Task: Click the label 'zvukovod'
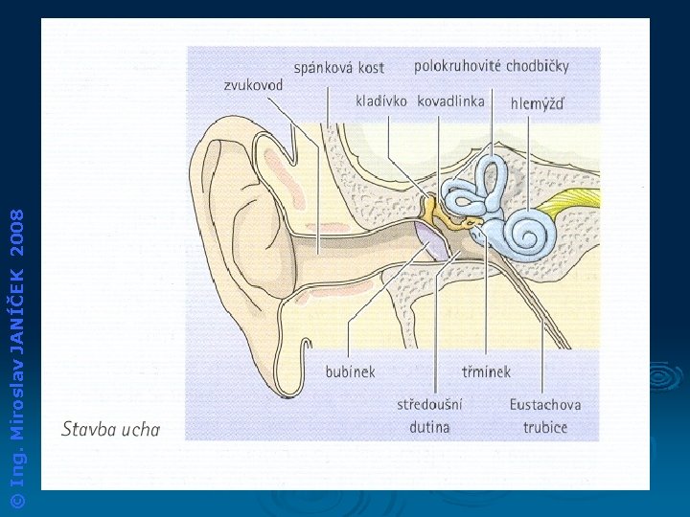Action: tap(253, 85)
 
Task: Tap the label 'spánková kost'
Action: tap(338, 67)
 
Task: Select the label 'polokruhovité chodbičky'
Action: tap(491, 66)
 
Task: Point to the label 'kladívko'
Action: tap(380, 101)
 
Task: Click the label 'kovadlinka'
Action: tap(450, 101)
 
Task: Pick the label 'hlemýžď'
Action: tap(537, 102)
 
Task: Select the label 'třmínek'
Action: tap(486, 371)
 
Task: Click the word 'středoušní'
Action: tap(429, 404)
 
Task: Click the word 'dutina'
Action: tap(429, 426)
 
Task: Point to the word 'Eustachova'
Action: tap(544, 404)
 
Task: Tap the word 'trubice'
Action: tap(544, 426)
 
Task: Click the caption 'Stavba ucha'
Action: tap(110, 428)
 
